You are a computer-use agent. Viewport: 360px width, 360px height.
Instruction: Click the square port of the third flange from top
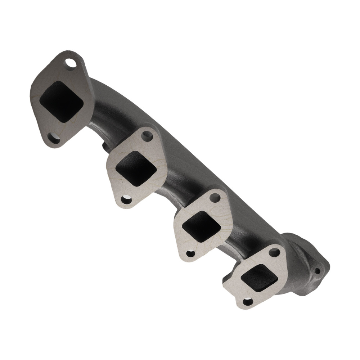(x=201, y=225)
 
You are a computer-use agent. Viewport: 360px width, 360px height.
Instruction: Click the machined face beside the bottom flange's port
(x=234, y=284)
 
